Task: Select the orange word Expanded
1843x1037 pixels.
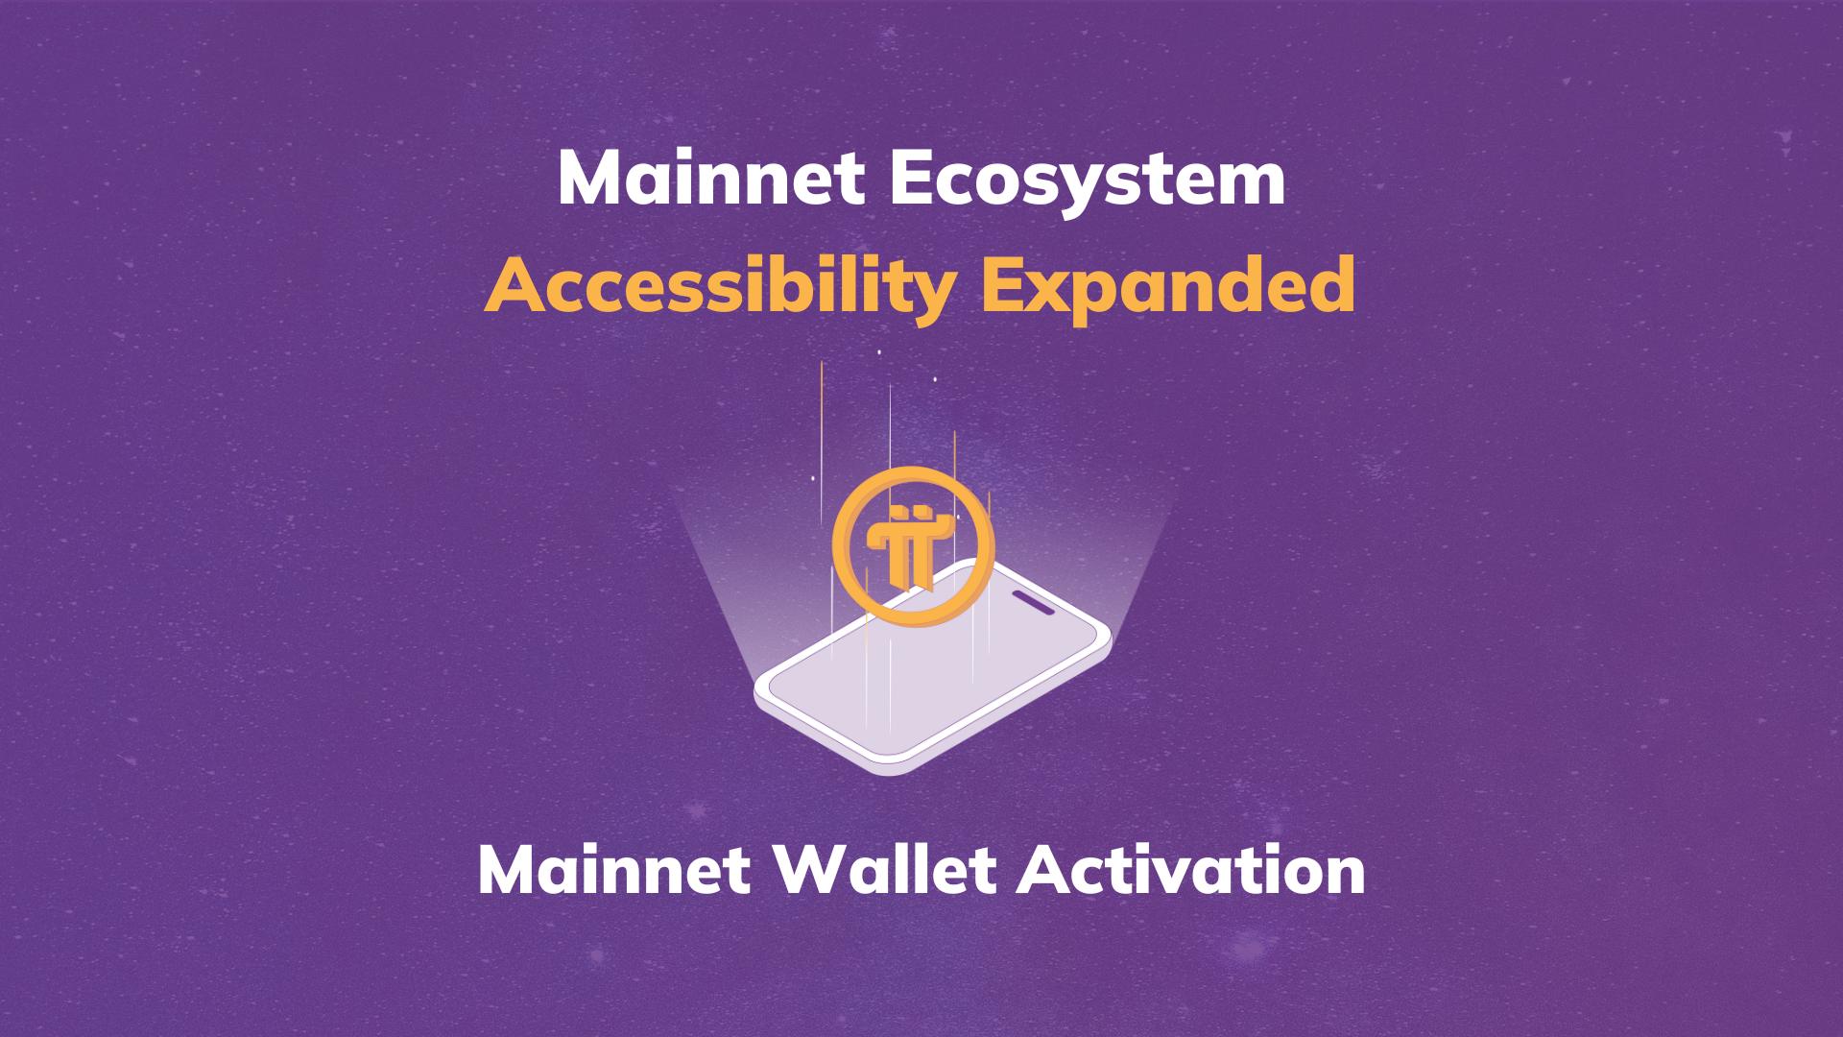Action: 1167,286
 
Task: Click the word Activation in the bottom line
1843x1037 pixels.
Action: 1192,871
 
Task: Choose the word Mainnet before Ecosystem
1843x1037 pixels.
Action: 712,180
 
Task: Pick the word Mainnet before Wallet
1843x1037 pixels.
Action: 614,871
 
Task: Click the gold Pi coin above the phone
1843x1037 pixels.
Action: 913,546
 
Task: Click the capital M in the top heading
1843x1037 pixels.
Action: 588,180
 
